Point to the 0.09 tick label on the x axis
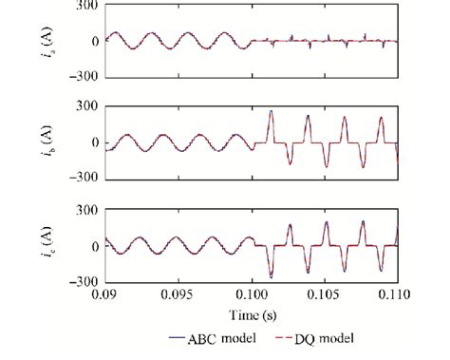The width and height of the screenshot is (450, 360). pos(103,294)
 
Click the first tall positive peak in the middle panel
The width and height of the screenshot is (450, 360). pos(271,112)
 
